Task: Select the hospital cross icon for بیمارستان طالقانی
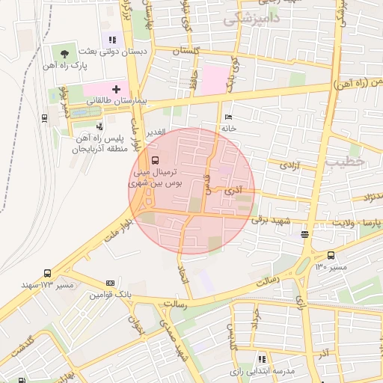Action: pos(115,89)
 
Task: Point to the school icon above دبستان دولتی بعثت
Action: pos(112,40)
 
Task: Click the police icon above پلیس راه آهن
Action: pos(99,126)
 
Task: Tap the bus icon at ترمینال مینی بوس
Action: pos(155,160)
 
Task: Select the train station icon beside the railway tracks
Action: pos(45,117)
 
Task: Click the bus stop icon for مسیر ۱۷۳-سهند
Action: pos(48,274)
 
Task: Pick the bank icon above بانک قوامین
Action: pos(111,284)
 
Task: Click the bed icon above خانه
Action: pos(228,117)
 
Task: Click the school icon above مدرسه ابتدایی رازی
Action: pos(261,359)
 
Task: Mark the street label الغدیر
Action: pos(155,132)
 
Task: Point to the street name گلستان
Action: pos(187,51)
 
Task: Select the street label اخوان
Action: pos(136,325)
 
